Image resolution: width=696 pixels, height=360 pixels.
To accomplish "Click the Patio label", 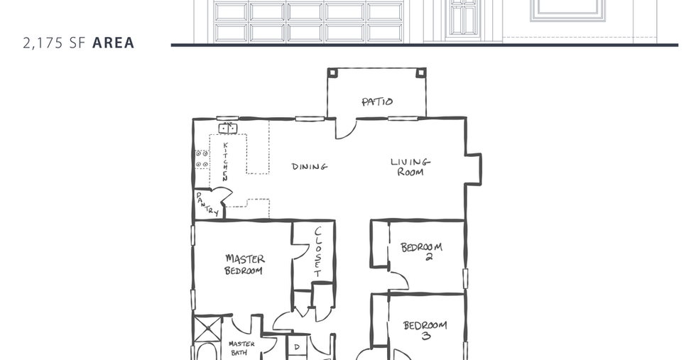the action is [377, 102].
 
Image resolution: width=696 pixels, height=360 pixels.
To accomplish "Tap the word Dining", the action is [310, 166].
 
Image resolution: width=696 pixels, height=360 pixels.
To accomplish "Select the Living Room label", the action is [410, 167].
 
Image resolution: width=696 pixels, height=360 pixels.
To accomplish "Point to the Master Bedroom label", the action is [244, 265].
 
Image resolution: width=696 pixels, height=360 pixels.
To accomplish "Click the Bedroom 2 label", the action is [421, 251].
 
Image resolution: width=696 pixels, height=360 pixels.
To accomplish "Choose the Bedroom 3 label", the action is [425, 330].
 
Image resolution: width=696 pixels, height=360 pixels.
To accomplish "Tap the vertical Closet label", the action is [318, 251].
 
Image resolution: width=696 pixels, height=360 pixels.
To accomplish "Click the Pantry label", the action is [207, 204].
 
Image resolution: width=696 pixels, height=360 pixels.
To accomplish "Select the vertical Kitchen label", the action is [226, 162].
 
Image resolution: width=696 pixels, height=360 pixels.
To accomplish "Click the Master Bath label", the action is [241, 349].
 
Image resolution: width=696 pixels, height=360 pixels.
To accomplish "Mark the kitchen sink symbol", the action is [228, 129].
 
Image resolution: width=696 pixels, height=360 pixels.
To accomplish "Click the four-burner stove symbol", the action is [202, 159].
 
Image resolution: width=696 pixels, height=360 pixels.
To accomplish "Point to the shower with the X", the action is [207, 329].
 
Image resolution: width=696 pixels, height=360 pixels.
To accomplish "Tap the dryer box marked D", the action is [297, 347].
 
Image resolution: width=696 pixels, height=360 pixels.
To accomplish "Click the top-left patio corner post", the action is [332, 73].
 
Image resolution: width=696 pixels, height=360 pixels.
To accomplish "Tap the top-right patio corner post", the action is [420, 73].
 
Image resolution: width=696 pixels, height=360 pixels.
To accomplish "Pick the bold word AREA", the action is [113, 43].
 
